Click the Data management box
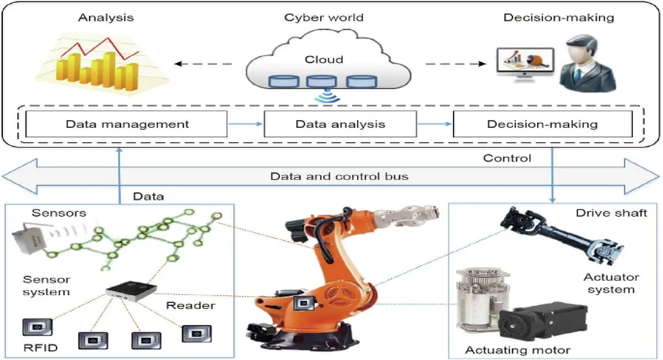tap(126, 124)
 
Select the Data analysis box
tap(340, 124)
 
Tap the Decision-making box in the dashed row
tap(543, 124)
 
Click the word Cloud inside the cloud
tap(324, 60)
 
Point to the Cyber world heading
tap(324, 17)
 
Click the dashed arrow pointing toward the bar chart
tap(203, 64)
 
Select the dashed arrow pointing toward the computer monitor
tap(455, 64)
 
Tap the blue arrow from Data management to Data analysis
tap(245, 124)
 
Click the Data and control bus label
tap(339, 176)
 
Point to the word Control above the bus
tap(507, 158)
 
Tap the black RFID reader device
tap(131, 291)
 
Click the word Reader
tap(190, 306)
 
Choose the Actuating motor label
tap(517, 350)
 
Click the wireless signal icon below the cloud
tap(327, 96)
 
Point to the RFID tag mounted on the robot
tap(303, 303)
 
